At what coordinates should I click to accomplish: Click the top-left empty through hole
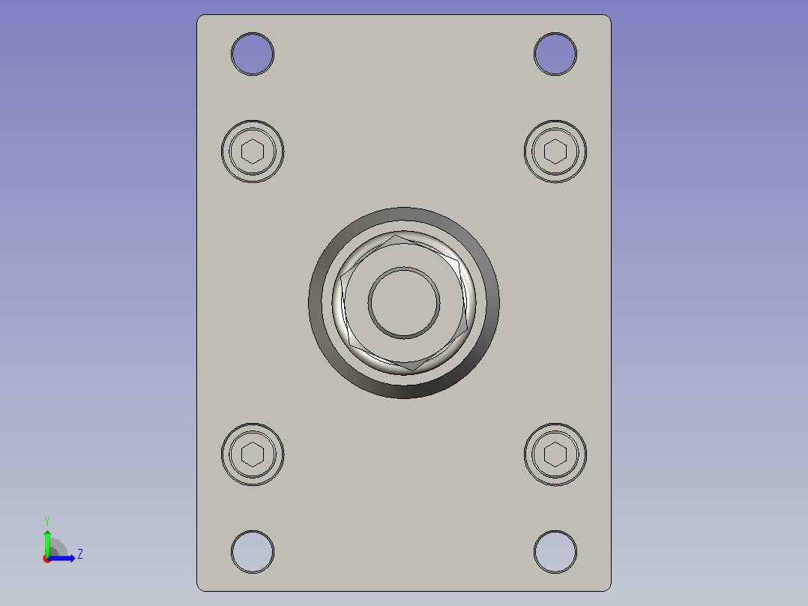[x=253, y=54]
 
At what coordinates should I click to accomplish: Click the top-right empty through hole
[x=555, y=54]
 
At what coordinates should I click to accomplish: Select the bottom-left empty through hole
[x=253, y=552]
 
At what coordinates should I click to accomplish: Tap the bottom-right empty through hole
[x=555, y=552]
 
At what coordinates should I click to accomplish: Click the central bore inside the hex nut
[x=404, y=303]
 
